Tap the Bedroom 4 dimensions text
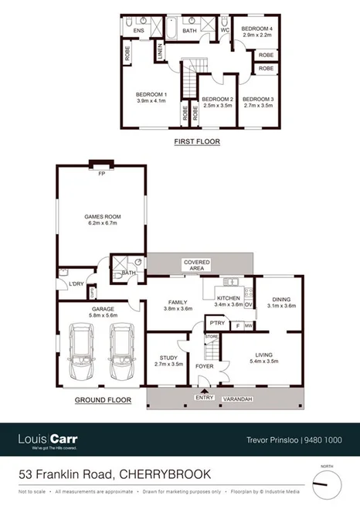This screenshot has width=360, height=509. tap(258, 35)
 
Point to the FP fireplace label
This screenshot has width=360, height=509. tap(100, 174)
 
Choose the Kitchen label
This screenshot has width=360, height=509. tap(229, 297)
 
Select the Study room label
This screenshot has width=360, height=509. tap(169, 358)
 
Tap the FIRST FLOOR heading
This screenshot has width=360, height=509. tap(196, 141)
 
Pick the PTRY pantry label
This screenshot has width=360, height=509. tap(216, 324)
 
